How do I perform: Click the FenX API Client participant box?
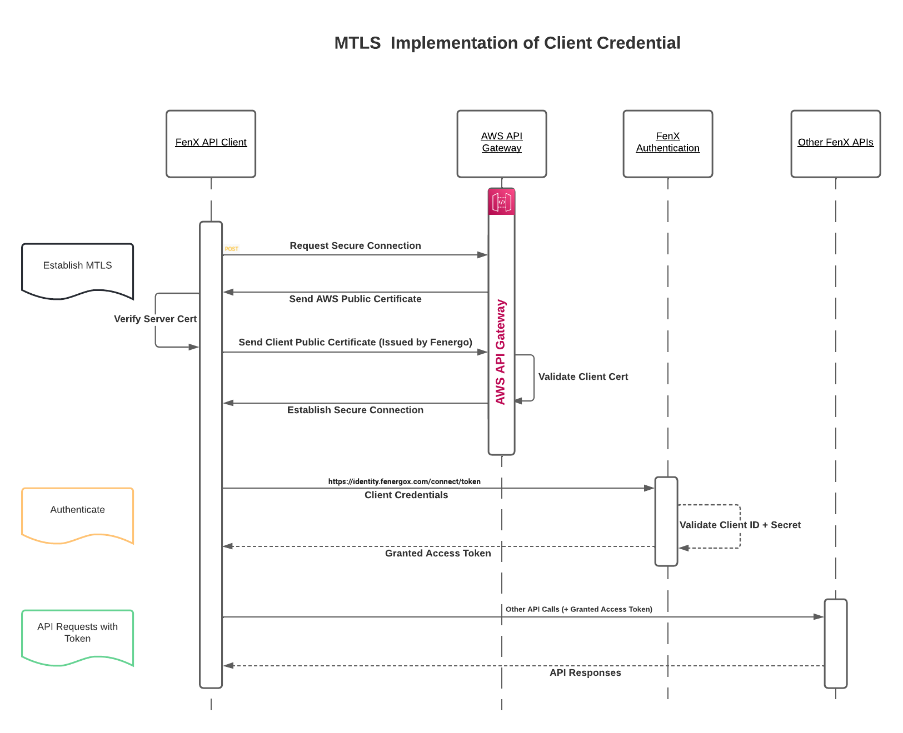click(211, 143)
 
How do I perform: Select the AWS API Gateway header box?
click(501, 143)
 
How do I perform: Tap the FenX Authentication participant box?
click(667, 143)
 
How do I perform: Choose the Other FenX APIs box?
click(835, 143)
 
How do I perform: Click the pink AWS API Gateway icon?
click(501, 202)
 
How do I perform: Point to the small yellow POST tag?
click(232, 249)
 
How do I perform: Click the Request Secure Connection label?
click(355, 245)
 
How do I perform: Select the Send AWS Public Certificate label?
click(355, 299)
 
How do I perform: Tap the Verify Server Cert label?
click(155, 319)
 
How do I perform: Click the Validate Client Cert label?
click(583, 376)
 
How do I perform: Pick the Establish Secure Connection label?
click(355, 410)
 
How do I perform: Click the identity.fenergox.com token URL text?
click(404, 481)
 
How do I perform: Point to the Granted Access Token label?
click(438, 553)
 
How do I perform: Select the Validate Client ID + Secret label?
click(740, 525)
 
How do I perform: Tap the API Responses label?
click(585, 672)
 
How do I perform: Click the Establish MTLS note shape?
click(77, 269)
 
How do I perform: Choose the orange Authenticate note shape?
click(77, 513)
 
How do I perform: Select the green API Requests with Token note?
click(77, 635)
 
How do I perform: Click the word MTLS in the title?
click(357, 43)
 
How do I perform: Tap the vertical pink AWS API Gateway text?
click(501, 352)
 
